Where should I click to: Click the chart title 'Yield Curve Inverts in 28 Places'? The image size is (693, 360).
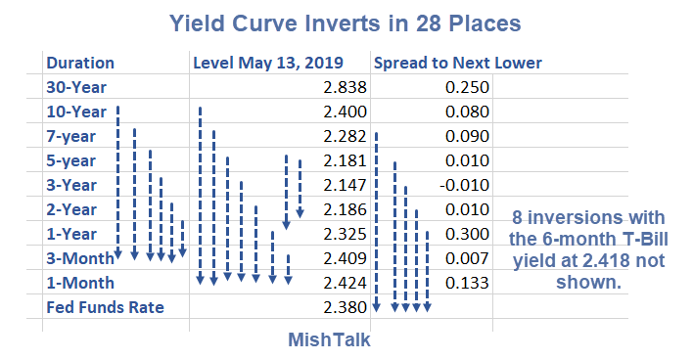[346, 23]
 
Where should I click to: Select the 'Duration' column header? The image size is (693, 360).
[80, 64]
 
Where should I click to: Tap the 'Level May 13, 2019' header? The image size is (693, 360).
[268, 64]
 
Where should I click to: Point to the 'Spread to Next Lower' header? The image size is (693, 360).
[458, 64]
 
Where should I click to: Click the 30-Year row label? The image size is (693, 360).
[76, 87]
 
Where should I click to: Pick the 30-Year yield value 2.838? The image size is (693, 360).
[345, 87]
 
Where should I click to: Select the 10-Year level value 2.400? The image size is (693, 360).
[345, 112]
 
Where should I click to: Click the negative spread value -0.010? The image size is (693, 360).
[465, 185]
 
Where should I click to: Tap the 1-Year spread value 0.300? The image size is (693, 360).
[467, 234]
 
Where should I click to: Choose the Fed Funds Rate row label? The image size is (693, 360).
[105, 307]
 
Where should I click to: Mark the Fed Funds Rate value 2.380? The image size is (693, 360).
[345, 307]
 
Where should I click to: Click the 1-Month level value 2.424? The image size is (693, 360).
[345, 283]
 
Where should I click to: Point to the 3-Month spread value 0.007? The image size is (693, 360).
[467, 258]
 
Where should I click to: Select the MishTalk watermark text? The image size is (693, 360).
[329, 340]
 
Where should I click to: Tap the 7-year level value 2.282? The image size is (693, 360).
[345, 137]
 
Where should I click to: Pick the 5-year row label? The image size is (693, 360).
[70, 161]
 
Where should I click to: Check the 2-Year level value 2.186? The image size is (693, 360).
[345, 209]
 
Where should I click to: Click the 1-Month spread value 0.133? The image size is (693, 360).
[467, 283]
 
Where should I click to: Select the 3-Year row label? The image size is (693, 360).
[71, 185]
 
